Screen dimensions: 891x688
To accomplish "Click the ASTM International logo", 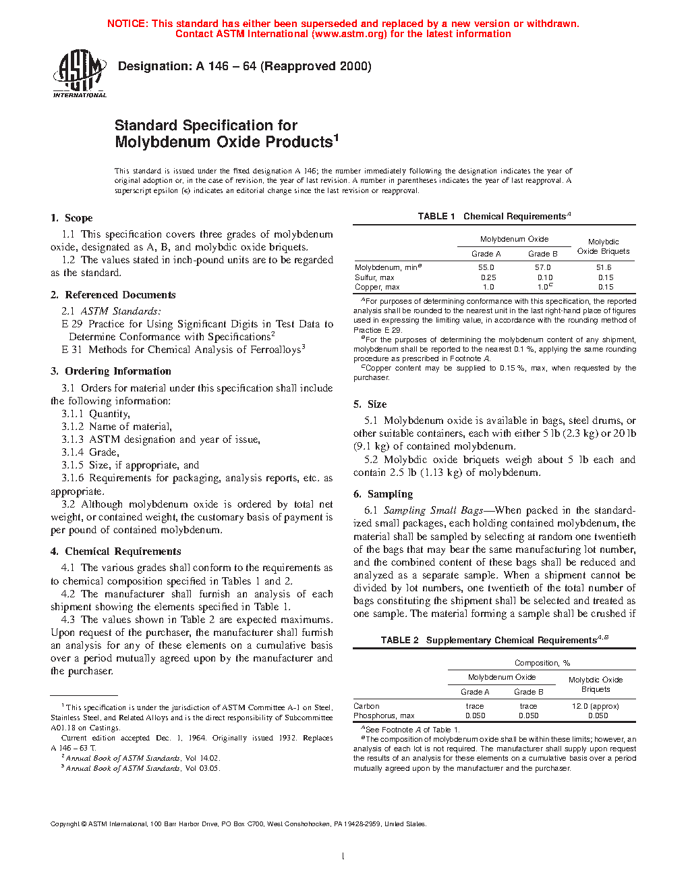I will [x=80, y=73].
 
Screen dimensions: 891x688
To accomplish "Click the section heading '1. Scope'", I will [x=71, y=218].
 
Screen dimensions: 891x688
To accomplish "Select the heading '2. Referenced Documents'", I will [x=113, y=295].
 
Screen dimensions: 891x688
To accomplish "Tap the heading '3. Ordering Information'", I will [x=111, y=371].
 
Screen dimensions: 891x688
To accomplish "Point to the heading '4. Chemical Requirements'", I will [x=115, y=551].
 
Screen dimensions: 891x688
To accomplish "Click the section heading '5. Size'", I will [x=370, y=404].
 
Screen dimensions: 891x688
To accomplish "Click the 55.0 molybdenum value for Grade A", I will [x=486, y=267].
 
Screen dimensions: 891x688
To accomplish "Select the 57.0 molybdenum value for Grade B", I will [x=542, y=267].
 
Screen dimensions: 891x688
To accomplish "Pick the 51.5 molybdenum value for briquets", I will [x=604, y=267].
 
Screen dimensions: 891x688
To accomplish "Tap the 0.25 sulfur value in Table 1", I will [x=488, y=277].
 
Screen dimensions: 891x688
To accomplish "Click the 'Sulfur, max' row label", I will [x=374, y=277].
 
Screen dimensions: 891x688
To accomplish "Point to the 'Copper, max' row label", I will [x=377, y=287].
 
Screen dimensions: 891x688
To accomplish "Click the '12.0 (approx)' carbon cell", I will [x=595, y=706].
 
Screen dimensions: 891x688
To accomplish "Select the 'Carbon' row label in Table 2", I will [x=366, y=706].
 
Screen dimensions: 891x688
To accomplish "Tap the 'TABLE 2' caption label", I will [x=399, y=640].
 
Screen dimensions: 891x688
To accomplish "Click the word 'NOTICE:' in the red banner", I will [x=127, y=24].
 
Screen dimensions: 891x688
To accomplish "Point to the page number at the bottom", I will [x=343, y=857].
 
